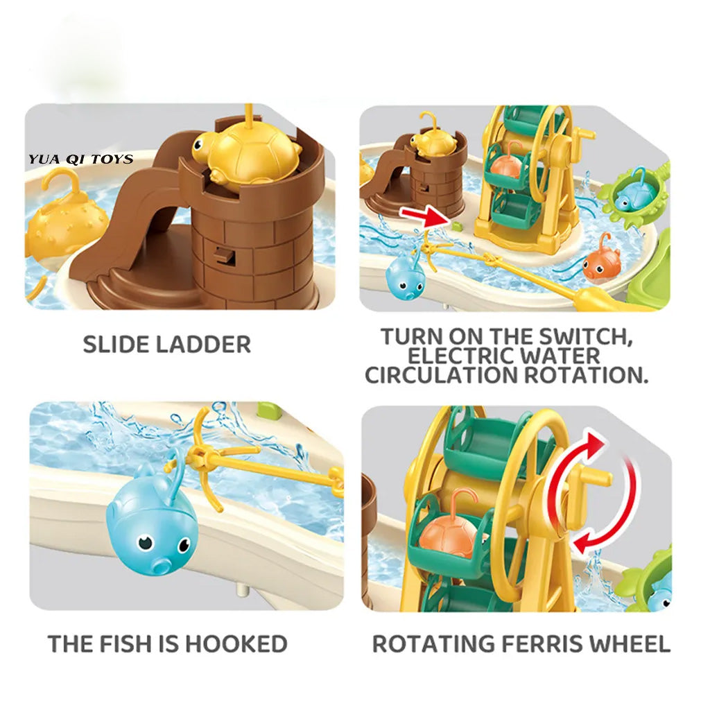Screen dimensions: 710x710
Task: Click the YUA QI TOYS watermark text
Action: tap(81, 159)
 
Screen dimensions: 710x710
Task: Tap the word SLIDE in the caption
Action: tap(116, 345)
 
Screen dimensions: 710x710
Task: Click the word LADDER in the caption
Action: tap(203, 345)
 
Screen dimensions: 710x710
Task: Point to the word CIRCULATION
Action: tap(441, 375)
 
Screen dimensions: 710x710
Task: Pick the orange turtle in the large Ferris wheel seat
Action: tap(451, 532)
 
